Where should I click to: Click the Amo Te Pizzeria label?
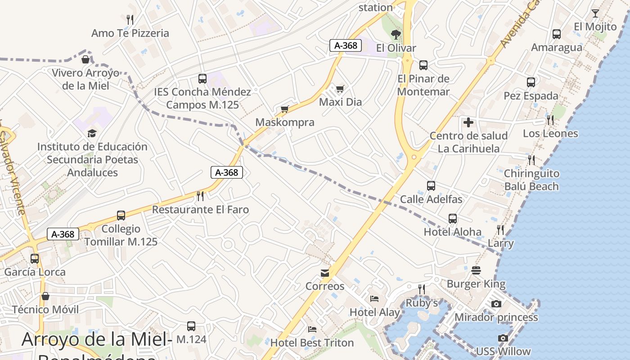130,33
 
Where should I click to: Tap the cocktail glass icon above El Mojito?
595,13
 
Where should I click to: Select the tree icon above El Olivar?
396,34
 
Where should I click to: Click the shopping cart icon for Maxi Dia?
340,89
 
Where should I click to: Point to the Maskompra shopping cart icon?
284,109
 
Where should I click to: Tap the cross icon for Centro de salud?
468,122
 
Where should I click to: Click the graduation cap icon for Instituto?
92,133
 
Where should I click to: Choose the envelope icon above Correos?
325,273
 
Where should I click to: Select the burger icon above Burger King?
476,270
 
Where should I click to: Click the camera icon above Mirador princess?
496,304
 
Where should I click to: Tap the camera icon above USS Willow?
503,338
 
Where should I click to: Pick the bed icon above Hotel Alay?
374,298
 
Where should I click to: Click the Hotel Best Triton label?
312,343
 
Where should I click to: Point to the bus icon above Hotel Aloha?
453,219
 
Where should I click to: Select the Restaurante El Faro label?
200,210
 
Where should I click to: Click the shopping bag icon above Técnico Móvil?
45,296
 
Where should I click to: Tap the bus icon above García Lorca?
35,259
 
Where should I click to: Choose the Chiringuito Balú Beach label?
531,180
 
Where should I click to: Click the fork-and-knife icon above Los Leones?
550,120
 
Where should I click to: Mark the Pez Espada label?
531,96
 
